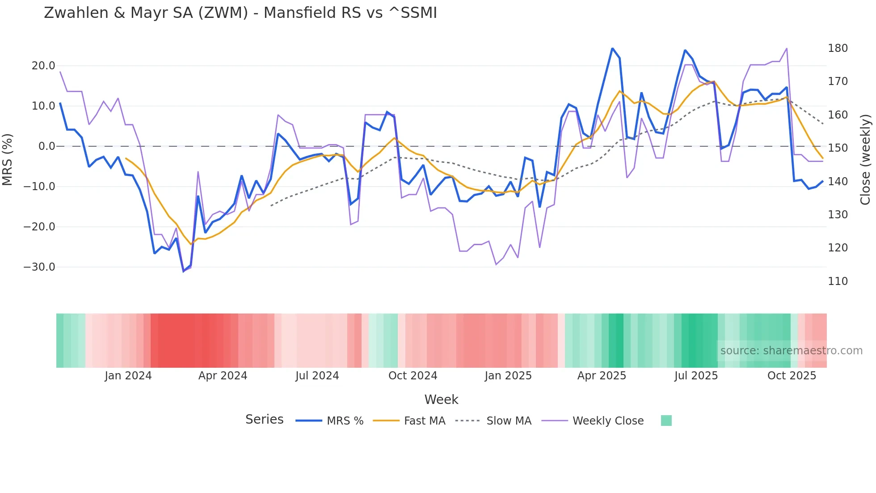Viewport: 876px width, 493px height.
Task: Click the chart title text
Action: (240, 13)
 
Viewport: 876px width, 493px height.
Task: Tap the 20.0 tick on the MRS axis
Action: (43, 66)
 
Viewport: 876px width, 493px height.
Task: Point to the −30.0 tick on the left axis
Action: (39, 267)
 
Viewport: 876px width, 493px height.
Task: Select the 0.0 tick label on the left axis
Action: (46, 146)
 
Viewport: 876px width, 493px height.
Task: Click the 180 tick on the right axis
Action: (838, 48)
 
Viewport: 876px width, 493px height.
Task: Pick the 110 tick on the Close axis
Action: (838, 281)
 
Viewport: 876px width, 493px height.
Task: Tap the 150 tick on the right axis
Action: (838, 148)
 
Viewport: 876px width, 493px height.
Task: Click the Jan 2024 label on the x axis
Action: (128, 376)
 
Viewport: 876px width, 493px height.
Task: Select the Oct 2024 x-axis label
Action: (413, 376)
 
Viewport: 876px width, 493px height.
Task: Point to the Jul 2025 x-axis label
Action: (696, 376)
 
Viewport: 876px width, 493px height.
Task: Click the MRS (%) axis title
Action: (7, 159)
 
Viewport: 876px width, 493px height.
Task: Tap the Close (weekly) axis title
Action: (866, 160)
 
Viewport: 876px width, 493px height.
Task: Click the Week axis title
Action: (441, 399)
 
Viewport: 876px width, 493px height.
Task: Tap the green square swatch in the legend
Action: (666, 421)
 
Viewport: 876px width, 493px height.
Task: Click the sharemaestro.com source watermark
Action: (791, 351)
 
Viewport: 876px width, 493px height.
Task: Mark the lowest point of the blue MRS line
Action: (184, 271)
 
